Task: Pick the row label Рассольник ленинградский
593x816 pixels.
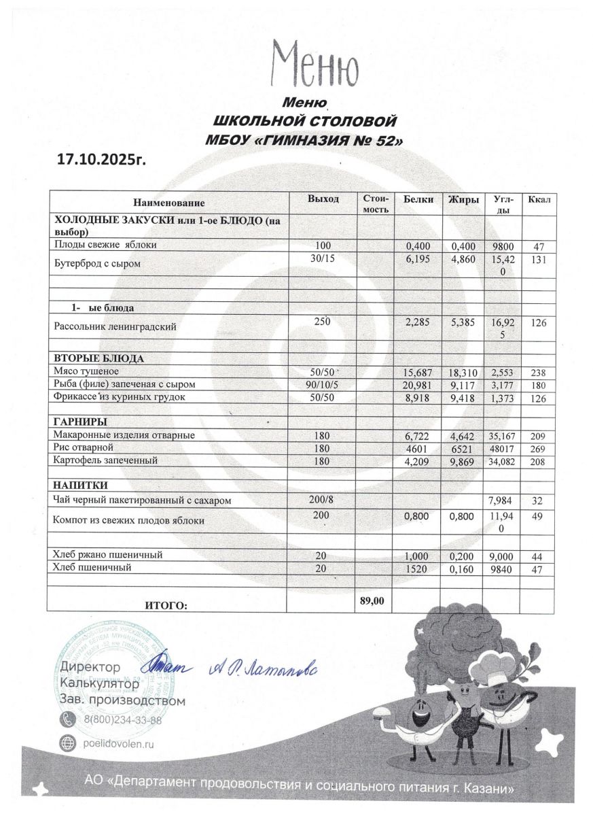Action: tap(115, 326)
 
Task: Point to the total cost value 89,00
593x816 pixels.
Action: tap(374, 600)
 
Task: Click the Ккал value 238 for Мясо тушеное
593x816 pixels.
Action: tap(538, 373)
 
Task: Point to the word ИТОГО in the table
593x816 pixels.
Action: tap(166, 605)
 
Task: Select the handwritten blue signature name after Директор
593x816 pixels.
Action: tap(260, 669)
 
